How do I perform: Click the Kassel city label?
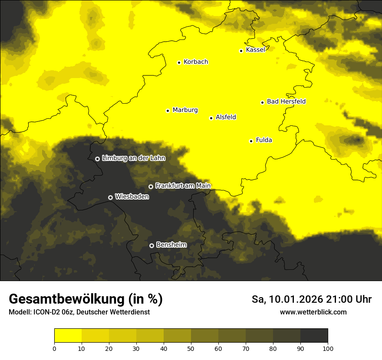coord(255,50)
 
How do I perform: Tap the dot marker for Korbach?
coord(179,62)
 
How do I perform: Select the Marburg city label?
coord(185,110)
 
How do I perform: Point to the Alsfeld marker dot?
coord(211,118)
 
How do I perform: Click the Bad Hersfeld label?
coord(286,101)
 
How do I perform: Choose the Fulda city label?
coord(264,140)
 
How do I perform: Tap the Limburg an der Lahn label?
coord(134,158)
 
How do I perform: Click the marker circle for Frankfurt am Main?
coord(151,187)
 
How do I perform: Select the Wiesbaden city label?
coord(132,196)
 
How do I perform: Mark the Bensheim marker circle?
coord(151,245)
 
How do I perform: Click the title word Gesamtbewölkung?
coord(67,299)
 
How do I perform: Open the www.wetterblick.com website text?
coord(313,312)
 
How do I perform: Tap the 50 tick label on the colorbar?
coord(191,348)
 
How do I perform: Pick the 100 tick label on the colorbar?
coord(328,348)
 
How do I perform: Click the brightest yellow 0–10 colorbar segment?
coord(68,335)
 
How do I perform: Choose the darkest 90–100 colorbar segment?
coord(314,335)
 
